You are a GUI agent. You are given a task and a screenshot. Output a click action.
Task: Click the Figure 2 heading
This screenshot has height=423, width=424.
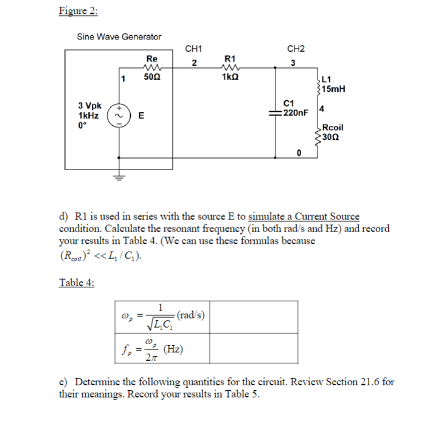coord(78,10)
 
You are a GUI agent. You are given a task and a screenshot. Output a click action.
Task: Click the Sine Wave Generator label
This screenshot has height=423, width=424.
coord(119,37)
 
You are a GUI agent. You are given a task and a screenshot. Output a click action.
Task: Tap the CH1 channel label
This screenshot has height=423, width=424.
coord(194,49)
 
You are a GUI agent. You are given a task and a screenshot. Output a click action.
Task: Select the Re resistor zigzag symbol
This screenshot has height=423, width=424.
coord(151,67)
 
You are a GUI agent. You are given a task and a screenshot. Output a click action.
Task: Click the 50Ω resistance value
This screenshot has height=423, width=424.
coord(152,78)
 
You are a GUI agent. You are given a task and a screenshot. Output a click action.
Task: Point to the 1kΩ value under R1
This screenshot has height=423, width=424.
coord(230,78)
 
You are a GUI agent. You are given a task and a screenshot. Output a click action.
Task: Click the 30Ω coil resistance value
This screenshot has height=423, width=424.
coord(332,137)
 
